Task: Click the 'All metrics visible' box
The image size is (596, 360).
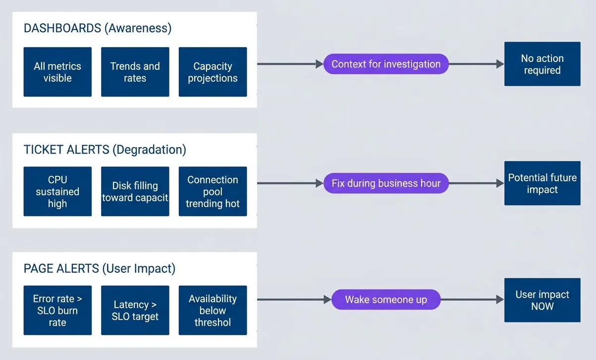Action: click(57, 72)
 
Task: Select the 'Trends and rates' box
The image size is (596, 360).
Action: click(135, 72)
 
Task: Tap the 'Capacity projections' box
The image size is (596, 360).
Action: click(213, 72)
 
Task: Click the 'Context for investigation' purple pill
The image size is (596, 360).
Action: click(386, 64)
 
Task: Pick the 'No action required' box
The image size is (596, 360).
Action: click(542, 64)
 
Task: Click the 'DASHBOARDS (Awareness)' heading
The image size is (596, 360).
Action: click(98, 28)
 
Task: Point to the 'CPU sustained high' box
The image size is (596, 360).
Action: click(57, 191)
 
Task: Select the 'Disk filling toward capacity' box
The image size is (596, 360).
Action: click(135, 191)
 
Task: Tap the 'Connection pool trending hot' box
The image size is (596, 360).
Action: click(213, 191)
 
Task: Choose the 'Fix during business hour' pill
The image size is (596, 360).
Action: click(386, 183)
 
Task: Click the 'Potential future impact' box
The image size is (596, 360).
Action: click(542, 183)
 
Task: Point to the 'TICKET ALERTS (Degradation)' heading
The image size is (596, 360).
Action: click(105, 150)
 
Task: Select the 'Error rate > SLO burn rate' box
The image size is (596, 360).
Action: click(57, 310)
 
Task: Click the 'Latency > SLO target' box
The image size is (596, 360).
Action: click(135, 310)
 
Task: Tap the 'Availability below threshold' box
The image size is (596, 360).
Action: click(213, 310)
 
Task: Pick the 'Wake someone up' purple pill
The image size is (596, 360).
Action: click(386, 300)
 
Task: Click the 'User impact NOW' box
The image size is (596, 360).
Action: click(542, 300)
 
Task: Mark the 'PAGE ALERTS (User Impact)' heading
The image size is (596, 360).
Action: click(100, 268)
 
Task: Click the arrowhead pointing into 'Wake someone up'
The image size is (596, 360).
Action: click(327, 300)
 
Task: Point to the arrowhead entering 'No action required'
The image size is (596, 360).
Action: click(500, 64)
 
